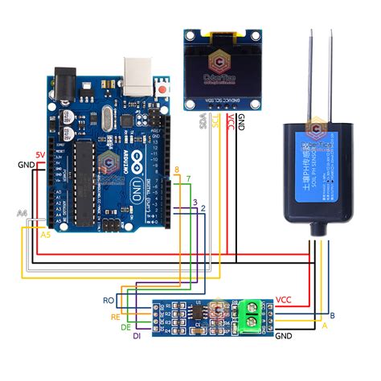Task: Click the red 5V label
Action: point(40,154)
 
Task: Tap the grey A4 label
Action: point(23,213)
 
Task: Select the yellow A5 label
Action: point(45,235)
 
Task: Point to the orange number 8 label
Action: point(177,170)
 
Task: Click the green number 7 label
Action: point(188,177)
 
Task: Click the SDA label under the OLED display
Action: point(202,124)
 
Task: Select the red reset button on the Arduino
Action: point(165,88)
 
